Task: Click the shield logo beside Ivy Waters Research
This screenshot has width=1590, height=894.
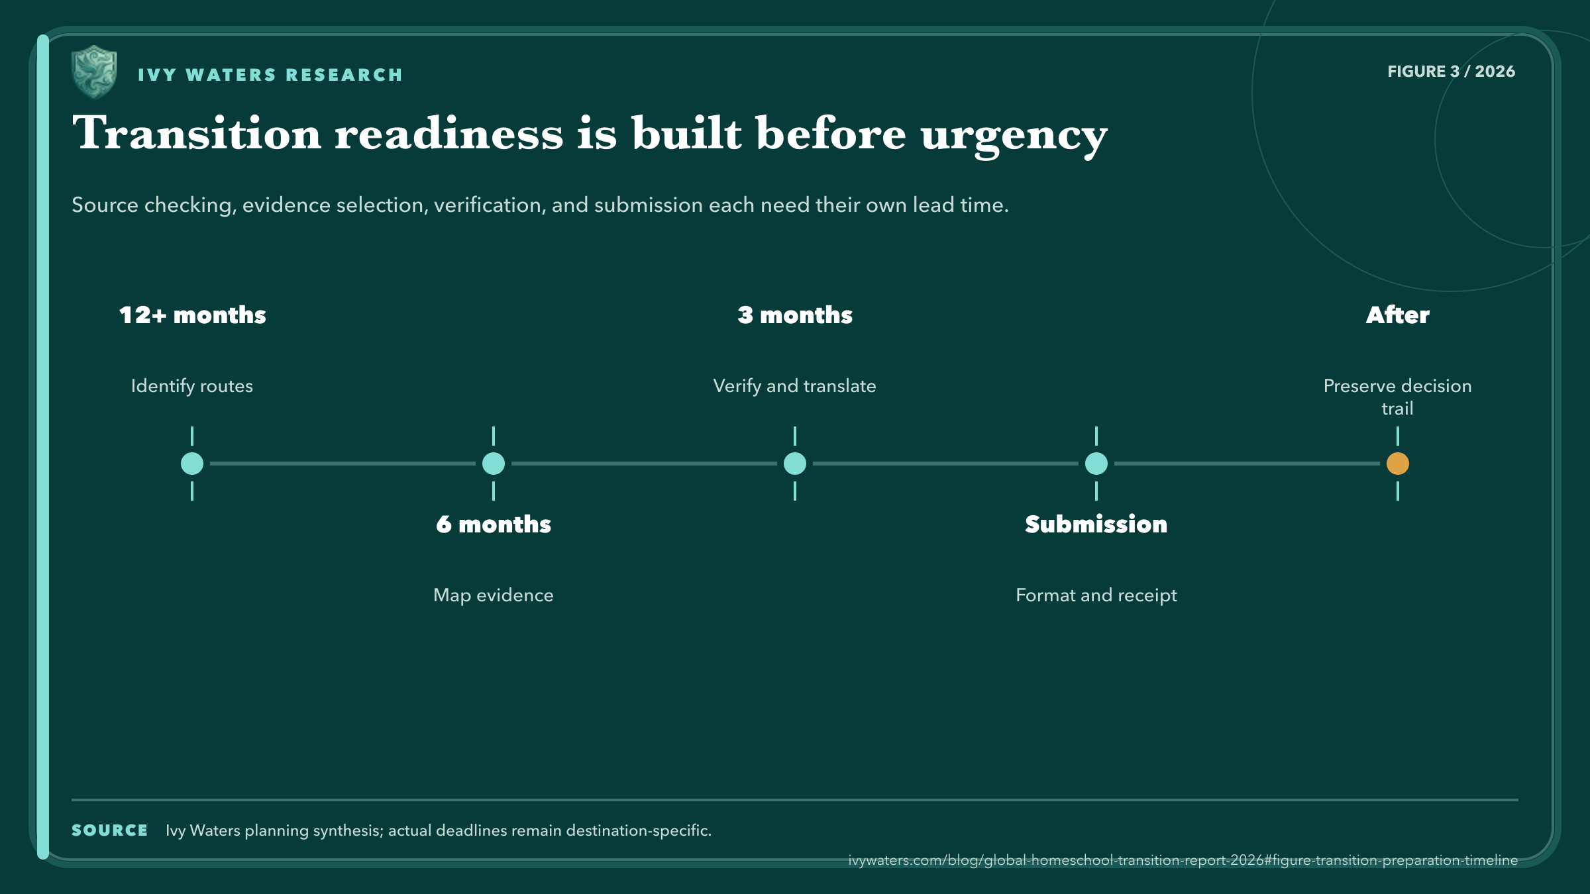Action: click(x=94, y=72)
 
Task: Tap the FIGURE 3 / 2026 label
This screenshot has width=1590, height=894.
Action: click(x=1451, y=72)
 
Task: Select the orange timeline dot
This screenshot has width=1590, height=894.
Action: click(x=1398, y=464)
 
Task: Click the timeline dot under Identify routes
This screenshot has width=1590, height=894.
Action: click(x=192, y=464)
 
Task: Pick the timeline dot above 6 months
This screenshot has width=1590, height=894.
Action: click(x=494, y=464)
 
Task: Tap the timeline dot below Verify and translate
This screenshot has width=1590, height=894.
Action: click(x=795, y=464)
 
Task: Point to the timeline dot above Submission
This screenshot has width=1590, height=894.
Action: click(x=1096, y=464)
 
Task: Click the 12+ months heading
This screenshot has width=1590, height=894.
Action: click(x=192, y=315)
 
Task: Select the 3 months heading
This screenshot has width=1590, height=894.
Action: click(x=795, y=315)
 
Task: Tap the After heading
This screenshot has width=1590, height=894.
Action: click(x=1398, y=315)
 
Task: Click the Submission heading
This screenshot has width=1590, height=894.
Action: click(x=1096, y=524)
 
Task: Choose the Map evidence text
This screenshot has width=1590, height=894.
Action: click(x=494, y=595)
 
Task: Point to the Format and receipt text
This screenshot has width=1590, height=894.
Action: click(x=1096, y=596)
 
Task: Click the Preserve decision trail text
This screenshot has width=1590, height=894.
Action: click(x=1398, y=397)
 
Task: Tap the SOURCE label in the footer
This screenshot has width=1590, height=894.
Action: click(x=109, y=830)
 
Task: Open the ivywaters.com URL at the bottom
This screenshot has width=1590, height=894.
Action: click(x=1183, y=860)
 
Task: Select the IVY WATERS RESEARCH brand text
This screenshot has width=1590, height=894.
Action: click(x=270, y=75)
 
